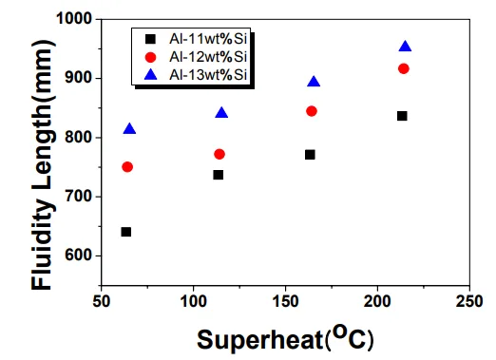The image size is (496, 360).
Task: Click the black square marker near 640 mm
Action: click(x=125, y=232)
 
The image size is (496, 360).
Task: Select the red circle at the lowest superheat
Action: click(x=127, y=167)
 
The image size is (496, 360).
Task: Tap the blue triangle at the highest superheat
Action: click(x=405, y=47)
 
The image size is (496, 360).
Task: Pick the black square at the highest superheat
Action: click(x=402, y=116)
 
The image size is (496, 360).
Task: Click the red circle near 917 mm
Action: click(x=403, y=68)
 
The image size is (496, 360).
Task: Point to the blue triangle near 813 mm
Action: click(x=129, y=129)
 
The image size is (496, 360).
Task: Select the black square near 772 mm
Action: click(x=310, y=154)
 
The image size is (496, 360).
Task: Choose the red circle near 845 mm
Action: click(x=311, y=111)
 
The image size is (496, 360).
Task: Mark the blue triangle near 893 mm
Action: click(x=314, y=83)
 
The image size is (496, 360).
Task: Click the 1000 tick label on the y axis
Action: click(x=74, y=19)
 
